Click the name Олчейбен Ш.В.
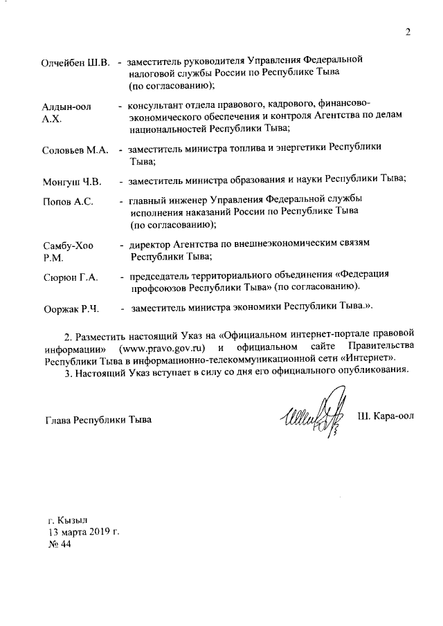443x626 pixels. coord(77,64)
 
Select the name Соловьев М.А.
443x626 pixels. coord(75,149)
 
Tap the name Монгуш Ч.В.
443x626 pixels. coord(72,182)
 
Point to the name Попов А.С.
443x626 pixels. coord(68,203)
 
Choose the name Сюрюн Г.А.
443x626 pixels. coord(70,277)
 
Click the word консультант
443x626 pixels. coord(156,107)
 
